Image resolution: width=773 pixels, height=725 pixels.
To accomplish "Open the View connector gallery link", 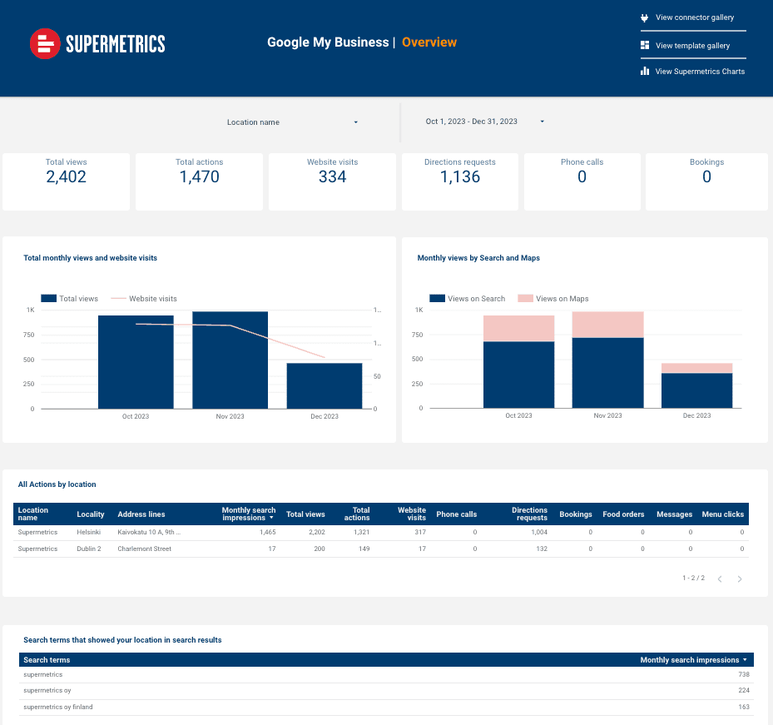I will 694,17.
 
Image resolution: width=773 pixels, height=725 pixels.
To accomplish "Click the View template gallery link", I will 692,46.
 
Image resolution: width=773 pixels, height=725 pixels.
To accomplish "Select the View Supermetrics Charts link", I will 699,72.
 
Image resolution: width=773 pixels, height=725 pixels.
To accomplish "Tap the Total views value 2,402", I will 67,176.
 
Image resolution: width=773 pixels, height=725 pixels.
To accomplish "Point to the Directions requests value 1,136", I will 460,176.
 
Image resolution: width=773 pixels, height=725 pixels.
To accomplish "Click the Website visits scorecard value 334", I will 332,176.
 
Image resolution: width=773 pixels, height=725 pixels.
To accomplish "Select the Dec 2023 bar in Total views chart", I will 325,386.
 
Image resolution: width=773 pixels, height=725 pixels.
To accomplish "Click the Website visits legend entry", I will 152,299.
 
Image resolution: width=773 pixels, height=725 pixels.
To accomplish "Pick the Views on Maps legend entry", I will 562,299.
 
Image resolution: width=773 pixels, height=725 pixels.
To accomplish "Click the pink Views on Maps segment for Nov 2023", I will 607,325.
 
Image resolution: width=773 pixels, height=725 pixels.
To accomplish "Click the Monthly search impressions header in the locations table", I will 248,514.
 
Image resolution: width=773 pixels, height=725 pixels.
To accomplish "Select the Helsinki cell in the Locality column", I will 89,532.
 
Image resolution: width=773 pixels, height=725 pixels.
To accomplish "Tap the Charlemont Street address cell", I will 145,549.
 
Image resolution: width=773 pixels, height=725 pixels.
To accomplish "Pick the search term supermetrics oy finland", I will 58,708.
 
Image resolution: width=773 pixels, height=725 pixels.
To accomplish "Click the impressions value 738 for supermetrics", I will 743,675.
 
